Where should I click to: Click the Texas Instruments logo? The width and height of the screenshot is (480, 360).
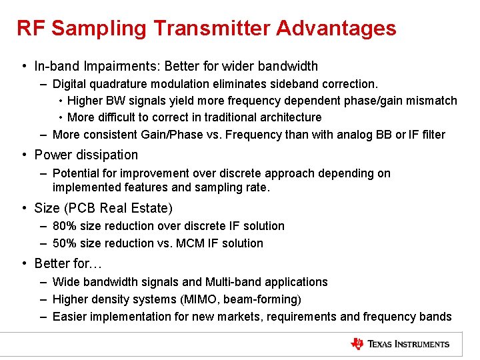(x=401, y=344)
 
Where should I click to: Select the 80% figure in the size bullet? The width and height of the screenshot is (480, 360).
(x=64, y=226)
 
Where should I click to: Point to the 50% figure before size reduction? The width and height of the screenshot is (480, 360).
(x=64, y=243)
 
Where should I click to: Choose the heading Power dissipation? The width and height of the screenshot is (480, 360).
(x=86, y=155)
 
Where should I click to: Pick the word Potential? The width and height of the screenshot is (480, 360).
(x=75, y=173)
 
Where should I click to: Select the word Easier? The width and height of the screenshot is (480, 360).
(x=69, y=317)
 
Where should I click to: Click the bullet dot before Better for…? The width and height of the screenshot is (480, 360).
(x=24, y=263)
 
